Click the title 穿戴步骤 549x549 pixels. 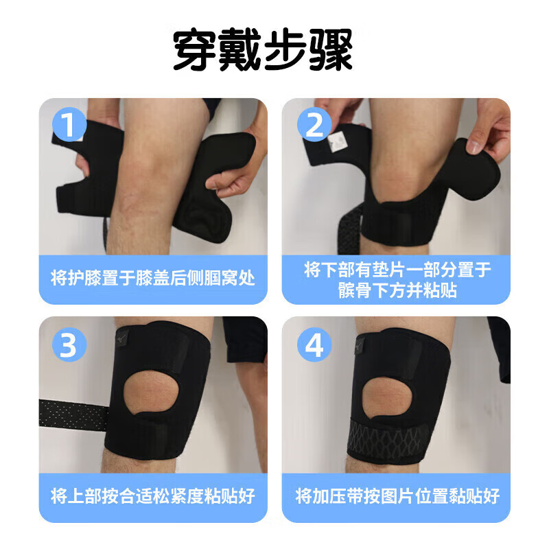point(263,50)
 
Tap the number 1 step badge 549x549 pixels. point(69,125)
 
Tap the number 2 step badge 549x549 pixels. point(314,125)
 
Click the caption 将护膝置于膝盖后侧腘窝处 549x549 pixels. point(152,279)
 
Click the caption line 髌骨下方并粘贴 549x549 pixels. point(396,290)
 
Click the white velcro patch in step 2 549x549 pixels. point(338,142)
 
